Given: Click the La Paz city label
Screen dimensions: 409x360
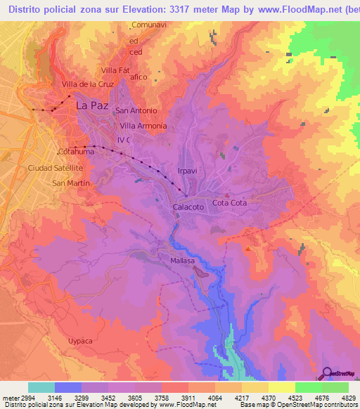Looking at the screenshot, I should pyautogui.click(x=91, y=105).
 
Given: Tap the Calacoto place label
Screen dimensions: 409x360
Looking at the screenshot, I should pyautogui.click(x=188, y=207).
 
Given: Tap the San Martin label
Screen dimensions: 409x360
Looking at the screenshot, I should pyautogui.click(x=69, y=183).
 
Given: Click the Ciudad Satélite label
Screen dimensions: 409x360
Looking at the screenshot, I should pyautogui.click(x=56, y=169).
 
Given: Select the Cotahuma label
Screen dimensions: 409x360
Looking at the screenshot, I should pyautogui.click(x=76, y=151).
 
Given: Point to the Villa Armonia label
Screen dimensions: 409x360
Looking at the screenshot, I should pyautogui.click(x=143, y=126).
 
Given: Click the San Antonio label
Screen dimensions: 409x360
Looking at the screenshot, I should pyautogui.click(x=136, y=110).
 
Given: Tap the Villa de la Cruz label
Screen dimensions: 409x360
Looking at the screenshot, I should pyautogui.click(x=88, y=84).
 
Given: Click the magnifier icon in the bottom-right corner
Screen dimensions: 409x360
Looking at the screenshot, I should pyautogui.click(x=327, y=373).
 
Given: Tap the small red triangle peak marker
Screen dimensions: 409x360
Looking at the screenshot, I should pyautogui.click(x=249, y=247).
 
